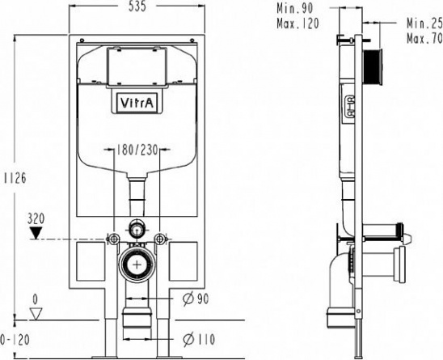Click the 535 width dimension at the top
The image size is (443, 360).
pyautogui.click(x=137, y=6)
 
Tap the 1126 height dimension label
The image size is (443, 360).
pyautogui.click(x=15, y=178)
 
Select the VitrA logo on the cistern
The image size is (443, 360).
pyautogui.click(x=137, y=103)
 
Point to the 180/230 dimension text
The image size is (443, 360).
pyautogui.click(x=137, y=150)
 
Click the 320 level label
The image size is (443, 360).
pyautogui.click(x=36, y=218)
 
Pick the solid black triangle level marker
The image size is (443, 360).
pyautogui.click(x=36, y=233)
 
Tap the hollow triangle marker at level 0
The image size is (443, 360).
pyautogui.click(x=36, y=314)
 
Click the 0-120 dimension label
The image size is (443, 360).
pyautogui.click(x=15, y=340)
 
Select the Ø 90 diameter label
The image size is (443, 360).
pyautogui.click(x=196, y=299)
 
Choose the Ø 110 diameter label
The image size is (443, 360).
pyautogui.click(x=199, y=339)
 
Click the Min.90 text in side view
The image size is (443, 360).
pyautogui.click(x=295, y=8)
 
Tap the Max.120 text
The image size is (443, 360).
pyautogui.click(x=297, y=23)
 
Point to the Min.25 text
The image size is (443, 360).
pyautogui.click(x=424, y=23)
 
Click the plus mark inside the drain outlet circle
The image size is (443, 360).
pyautogui.click(x=137, y=265)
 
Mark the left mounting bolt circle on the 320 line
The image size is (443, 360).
pyautogui.click(x=114, y=239)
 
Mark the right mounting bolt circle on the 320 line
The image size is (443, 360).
pyautogui.click(x=160, y=239)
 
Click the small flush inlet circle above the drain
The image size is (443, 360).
pyautogui.click(x=137, y=227)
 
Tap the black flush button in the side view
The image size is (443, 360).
pyautogui.click(x=373, y=66)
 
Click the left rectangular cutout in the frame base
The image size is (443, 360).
pyautogui.click(x=91, y=261)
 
